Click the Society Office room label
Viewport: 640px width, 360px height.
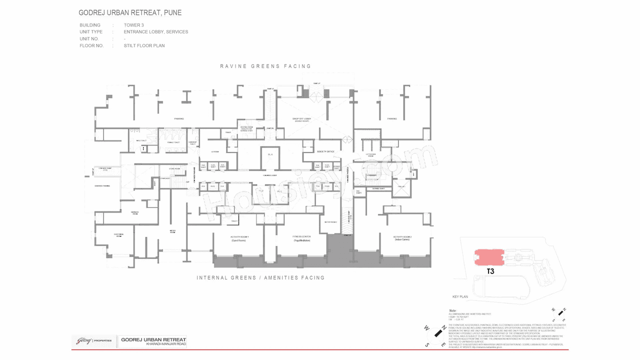[x=325, y=151]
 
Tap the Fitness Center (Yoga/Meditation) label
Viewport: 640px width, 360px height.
[x=301, y=238]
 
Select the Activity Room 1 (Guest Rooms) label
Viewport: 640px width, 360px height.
[x=239, y=238]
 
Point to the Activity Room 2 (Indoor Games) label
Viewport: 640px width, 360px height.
[x=405, y=238]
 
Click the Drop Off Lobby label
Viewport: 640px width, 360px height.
[x=301, y=119]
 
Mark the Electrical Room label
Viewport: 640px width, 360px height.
[x=118, y=235]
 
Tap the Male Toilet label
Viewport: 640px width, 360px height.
[x=141, y=141]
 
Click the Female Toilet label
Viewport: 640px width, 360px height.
[x=173, y=141]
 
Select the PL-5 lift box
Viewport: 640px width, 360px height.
[x=270, y=155]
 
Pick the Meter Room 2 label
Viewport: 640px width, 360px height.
[x=330, y=221]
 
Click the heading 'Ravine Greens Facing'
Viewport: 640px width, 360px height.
[x=265, y=66]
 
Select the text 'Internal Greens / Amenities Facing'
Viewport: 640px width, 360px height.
[x=260, y=277]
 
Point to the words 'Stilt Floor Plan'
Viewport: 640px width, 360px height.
[x=144, y=45]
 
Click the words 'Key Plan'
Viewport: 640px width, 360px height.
[x=460, y=296]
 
